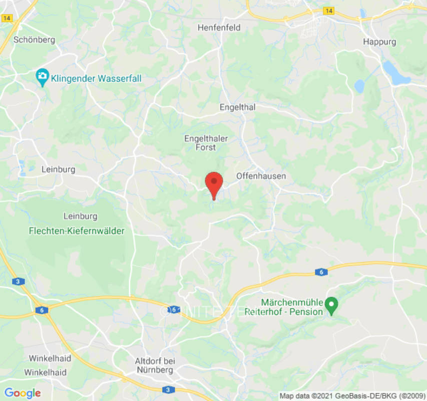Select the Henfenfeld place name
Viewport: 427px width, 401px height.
point(219,28)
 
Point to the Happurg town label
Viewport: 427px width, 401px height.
point(379,42)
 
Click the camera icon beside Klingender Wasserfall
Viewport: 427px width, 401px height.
point(42,76)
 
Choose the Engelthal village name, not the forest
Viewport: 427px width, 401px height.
point(237,107)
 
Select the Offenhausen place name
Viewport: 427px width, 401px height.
point(261,176)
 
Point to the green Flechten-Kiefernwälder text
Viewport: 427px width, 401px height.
point(77,231)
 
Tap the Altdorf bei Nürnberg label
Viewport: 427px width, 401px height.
point(154,365)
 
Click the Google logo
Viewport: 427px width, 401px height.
point(22,393)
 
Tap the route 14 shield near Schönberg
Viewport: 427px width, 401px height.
point(7,18)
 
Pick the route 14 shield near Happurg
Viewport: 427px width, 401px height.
point(328,11)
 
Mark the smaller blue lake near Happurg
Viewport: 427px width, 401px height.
point(359,86)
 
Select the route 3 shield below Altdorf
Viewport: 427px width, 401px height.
point(168,389)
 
